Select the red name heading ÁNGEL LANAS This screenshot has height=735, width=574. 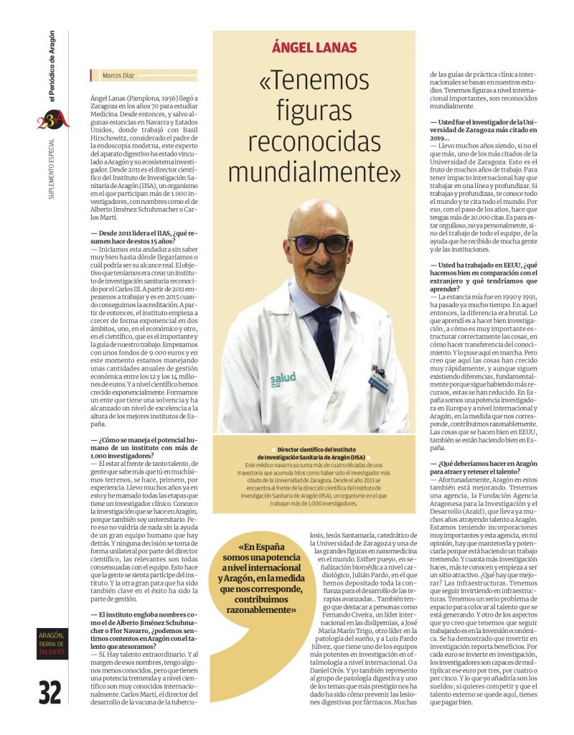coord(313,48)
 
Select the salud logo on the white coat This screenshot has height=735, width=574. coord(283,378)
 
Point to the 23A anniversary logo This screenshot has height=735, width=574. coord(53,118)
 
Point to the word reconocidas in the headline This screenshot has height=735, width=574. coord(314,144)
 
